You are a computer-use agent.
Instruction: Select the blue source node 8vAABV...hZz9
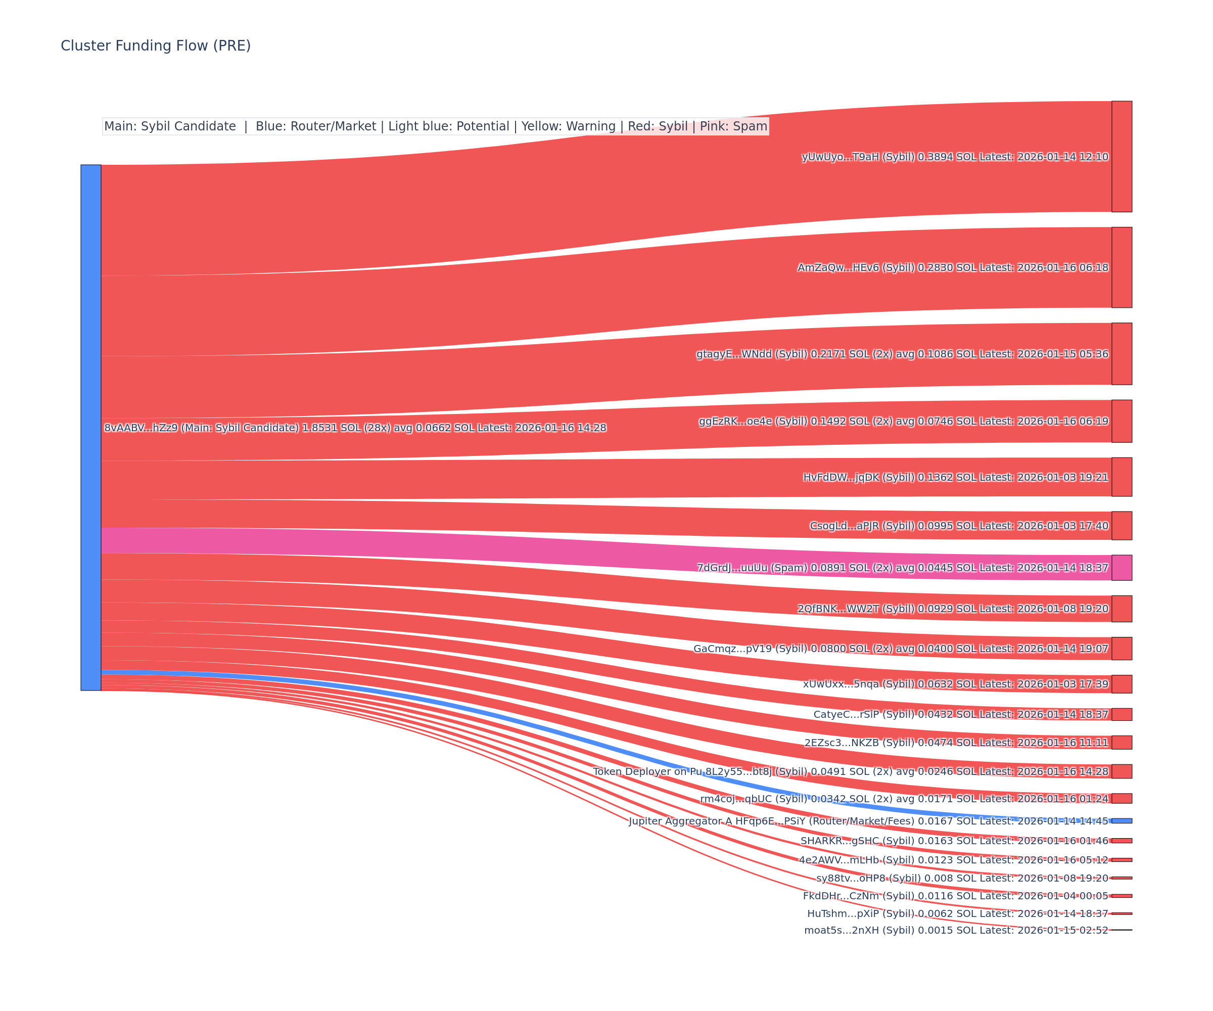[x=90, y=428]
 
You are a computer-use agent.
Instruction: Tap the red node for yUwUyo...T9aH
[x=1122, y=157]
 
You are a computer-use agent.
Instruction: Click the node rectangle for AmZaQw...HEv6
[x=1122, y=267]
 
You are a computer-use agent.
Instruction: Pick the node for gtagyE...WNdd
[x=1122, y=353]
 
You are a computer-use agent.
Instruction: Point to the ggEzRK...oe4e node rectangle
[x=1122, y=421]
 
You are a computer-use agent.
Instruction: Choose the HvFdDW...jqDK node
[x=1122, y=477]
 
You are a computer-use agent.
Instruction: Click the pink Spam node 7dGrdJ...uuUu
[x=1122, y=568]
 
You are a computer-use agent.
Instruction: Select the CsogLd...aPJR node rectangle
[x=1122, y=526]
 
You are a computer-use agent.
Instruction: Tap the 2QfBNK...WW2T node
[x=1122, y=609]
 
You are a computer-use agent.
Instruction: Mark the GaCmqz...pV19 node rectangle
[x=1122, y=649]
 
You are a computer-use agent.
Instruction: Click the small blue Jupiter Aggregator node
[x=1122, y=821]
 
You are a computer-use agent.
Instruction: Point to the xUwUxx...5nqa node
[x=1122, y=684]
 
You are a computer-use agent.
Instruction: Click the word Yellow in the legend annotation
[x=539, y=126]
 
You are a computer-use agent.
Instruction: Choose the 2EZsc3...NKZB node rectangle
[x=1122, y=743]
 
